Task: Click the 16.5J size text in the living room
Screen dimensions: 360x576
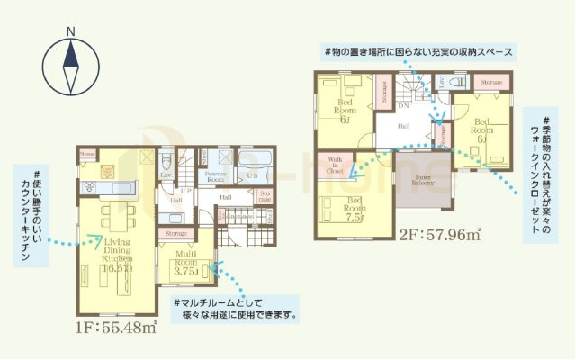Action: [x=118, y=267]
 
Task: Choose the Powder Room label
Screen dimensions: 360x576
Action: [x=215, y=176]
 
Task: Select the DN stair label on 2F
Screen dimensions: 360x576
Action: [x=404, y=106]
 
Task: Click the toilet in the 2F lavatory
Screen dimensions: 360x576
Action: [x=458, y=82]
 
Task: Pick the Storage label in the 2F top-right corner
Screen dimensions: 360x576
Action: [x=491, y=82]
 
